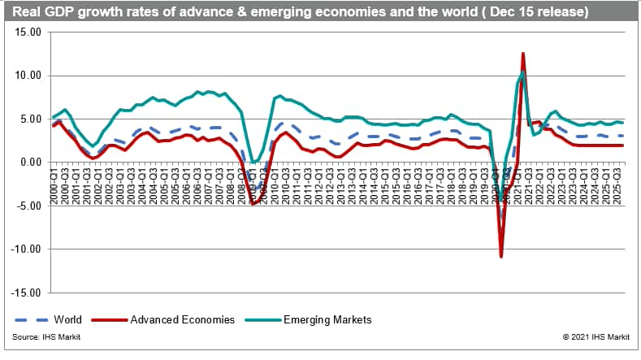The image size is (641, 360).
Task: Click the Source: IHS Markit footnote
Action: pos(46,336)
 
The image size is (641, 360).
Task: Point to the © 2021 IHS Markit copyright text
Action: pos(597,336)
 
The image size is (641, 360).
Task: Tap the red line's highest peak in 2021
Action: pos(522,54)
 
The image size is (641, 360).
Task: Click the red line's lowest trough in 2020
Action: pos(501,257)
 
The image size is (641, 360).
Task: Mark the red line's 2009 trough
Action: pos(253,204)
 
